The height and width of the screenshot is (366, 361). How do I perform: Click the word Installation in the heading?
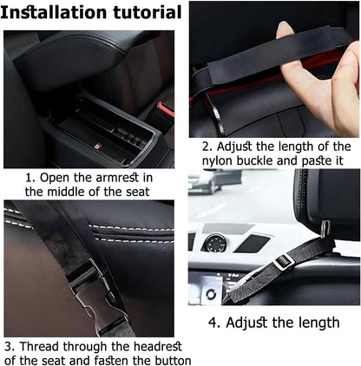click(x=55, y=12)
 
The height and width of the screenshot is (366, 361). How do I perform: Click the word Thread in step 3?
click(x=40, y=346)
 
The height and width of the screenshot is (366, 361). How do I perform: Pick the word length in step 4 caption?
click(x=319, y=323)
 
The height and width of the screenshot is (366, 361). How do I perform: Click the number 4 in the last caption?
click(x=213, y=323)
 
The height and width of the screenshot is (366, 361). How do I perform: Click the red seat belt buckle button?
click(x=166, y=109)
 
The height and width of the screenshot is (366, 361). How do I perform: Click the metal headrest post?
click(x=325, y=228)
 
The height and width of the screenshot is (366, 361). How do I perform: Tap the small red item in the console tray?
click(x=98, y=145)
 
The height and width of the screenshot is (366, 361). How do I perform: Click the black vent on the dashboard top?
click(x=253, y=243)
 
